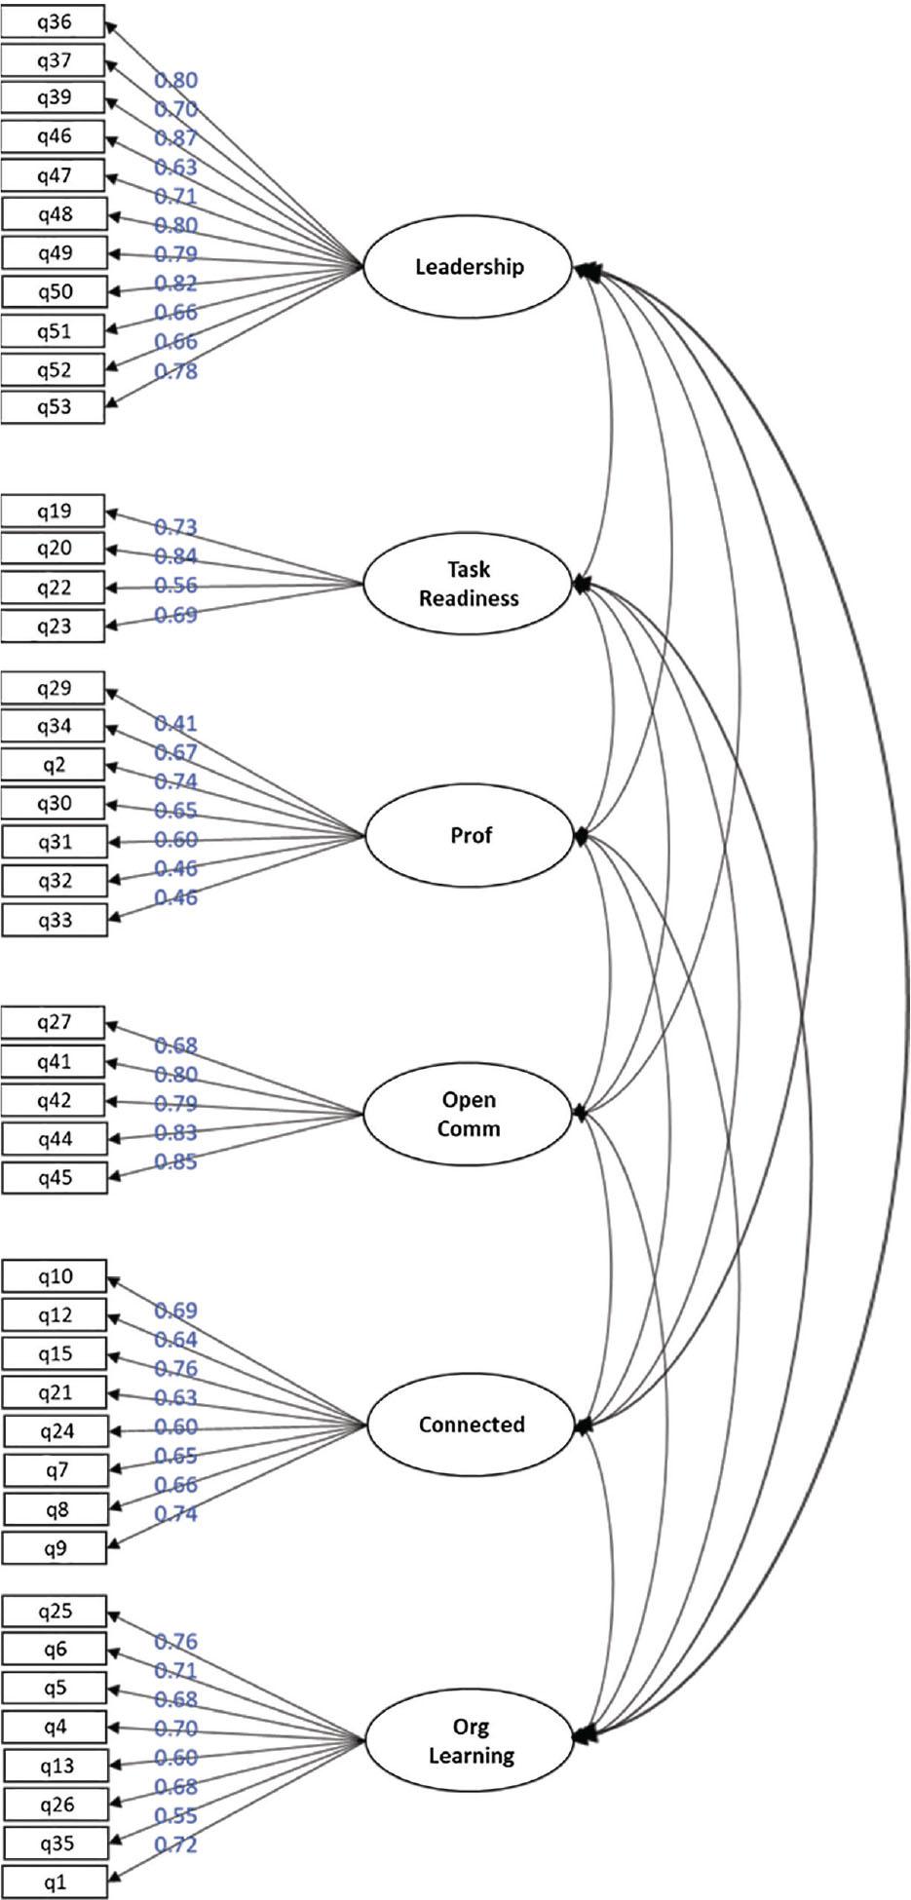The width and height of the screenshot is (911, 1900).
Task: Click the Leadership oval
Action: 469,267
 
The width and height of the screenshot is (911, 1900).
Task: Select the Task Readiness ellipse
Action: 468,585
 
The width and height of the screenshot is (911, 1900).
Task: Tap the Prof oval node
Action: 471,836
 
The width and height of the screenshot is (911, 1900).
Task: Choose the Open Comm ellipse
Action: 469,1115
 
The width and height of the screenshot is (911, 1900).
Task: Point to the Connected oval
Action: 472,1425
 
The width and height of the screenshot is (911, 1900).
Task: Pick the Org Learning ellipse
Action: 471,1741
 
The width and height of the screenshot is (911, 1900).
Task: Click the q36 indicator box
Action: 54,21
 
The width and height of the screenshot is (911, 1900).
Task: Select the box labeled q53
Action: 54,407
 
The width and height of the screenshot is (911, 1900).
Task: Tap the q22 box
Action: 54,588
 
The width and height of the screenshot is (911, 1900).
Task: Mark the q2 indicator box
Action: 54,765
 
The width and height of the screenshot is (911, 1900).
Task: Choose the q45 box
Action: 55,1178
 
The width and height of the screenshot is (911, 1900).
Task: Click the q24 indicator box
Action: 57,1431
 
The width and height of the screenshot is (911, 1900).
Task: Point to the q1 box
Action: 56,1882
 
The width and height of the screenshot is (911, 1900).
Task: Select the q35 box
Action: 56,1843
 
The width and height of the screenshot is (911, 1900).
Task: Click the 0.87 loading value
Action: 175,138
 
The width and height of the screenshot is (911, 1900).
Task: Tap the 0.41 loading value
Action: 175,724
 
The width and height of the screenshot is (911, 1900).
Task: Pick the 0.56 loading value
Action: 175,586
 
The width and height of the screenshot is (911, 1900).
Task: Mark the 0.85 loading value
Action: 175,1162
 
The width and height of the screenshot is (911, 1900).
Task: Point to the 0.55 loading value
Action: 175,1816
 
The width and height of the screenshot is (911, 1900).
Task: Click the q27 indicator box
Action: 54,1022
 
